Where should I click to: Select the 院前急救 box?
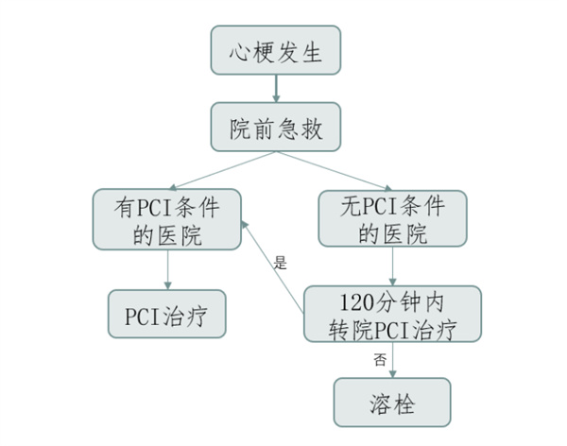coord(276,129)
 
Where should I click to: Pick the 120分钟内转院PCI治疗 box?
coord(392,315)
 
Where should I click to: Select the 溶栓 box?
coord(392,403)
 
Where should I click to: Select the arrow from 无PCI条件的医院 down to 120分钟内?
coord(392,267)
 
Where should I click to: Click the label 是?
coord(280,264)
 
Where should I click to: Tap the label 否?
coord(380,359)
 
